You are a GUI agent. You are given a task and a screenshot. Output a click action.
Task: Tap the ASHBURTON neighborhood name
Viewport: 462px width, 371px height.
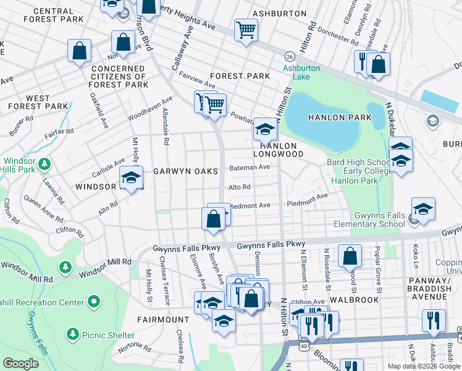[x=279, y=13]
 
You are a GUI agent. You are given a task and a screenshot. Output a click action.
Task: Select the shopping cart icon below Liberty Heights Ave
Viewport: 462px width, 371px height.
[x=246, y=28]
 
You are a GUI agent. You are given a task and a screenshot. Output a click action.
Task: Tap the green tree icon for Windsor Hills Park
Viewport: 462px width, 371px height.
[x=44, y=164]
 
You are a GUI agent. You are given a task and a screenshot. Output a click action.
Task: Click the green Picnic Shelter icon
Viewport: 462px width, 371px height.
[x=72, y=335]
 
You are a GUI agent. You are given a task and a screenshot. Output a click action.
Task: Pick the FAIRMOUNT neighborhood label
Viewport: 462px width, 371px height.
[x=163, y=320]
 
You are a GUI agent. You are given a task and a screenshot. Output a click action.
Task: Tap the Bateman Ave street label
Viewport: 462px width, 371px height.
[x=250, y=168]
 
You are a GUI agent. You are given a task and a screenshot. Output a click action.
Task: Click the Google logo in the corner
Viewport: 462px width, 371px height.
[x=20, y=364]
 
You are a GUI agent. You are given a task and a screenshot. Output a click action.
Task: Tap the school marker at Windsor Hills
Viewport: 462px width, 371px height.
[x=131, y=177]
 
